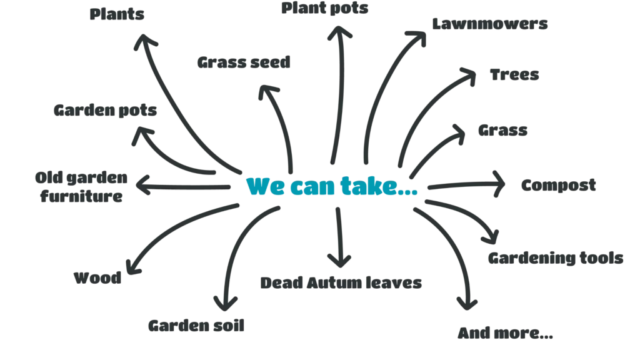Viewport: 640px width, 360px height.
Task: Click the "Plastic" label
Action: (x=117, y=16)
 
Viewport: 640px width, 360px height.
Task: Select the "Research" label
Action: (x=560, y=186)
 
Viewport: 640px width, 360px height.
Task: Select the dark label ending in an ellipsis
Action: (x=504, y=332)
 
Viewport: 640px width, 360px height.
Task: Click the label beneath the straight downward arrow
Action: (x=342, y=282)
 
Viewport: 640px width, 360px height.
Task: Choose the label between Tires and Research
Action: (x=502, y=132)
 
